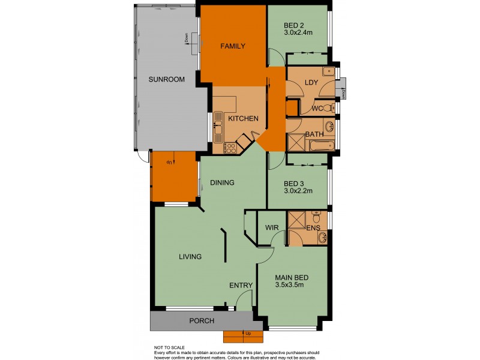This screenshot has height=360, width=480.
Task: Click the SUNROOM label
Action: click(167, 79)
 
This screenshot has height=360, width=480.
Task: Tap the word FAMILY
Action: click(232, 46)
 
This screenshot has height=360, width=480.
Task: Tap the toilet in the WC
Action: click(328, 108)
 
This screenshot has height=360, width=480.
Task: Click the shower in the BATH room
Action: click(296, 143)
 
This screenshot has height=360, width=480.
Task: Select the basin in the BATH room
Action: click(329, 126)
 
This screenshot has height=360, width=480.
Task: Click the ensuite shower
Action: click(297, 220)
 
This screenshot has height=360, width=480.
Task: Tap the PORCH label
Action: click(202, 321)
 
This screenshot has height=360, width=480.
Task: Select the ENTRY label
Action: click(242, 286)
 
